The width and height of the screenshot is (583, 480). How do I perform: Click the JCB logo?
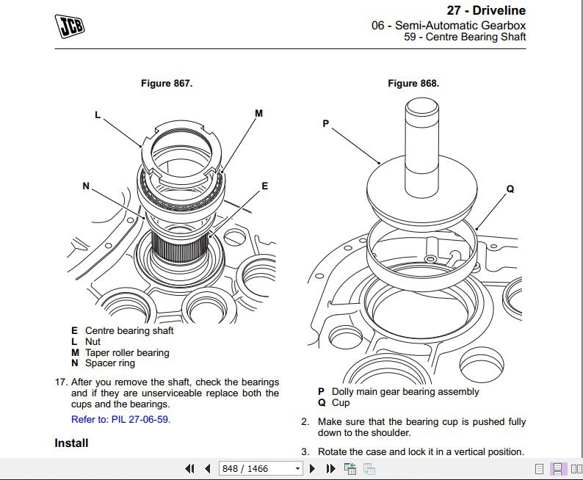coord(69,26)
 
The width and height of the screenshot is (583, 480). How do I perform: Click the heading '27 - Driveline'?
coord(486,10)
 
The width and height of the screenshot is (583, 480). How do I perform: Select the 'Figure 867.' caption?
coord(167,84)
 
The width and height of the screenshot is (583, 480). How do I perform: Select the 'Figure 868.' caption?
coord(413,84)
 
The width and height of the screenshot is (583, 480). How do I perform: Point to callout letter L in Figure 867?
coord(97,114)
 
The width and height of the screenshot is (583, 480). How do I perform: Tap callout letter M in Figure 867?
coord(258,114)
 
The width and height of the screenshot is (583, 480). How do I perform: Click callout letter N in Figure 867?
coord(86,186)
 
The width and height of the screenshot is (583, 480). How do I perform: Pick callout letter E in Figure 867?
coord(265,186)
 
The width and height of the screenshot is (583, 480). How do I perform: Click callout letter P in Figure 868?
coord(326,124)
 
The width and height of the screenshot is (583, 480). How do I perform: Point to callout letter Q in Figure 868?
coord(510,189)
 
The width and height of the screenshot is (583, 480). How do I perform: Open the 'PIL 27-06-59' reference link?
coord(120,420)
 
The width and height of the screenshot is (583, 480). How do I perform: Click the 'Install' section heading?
coord(71,443)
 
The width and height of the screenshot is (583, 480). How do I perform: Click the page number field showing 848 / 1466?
coord(261,468)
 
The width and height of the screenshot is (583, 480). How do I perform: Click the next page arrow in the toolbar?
coord(312,468)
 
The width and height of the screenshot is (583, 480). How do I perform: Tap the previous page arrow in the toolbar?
coord(208,468)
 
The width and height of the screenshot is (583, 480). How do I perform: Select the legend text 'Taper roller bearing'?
coord(127,352)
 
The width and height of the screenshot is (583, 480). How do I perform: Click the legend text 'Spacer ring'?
coord(110,363)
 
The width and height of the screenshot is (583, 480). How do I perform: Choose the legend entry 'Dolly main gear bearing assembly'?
coord(405,392)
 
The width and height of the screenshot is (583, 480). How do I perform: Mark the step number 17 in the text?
coord(61,382)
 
